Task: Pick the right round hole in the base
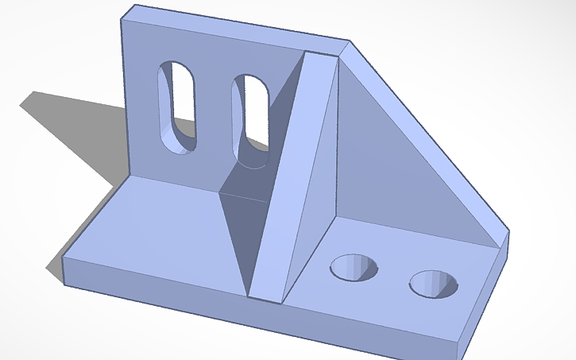coord(433,283)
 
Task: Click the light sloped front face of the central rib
coord(298,175)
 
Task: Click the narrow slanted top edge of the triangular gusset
coord(429,135)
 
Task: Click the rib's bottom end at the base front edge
coord(266,299)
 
